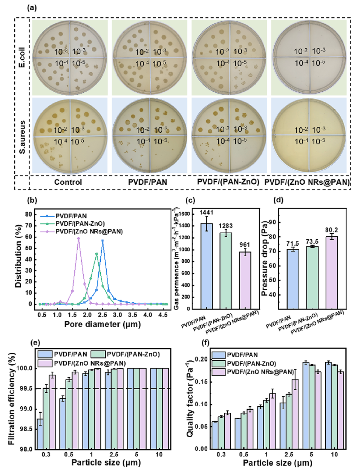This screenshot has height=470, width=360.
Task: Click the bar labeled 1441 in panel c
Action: coord(207,266)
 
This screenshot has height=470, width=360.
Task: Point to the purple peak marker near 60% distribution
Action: coord(78,238)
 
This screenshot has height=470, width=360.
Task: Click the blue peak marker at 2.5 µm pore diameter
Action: coord(103,240)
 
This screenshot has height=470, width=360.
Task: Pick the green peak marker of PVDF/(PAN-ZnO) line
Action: coord(97,254)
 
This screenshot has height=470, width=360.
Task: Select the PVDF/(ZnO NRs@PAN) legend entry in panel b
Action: coord(89,231)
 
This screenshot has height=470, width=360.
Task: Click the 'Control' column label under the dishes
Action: coord(68,182)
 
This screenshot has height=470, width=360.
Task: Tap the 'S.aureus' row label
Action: coord(22,136)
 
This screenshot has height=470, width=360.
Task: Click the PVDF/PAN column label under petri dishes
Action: coord(148,182)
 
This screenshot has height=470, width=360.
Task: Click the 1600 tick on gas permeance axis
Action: coord(184,214)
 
